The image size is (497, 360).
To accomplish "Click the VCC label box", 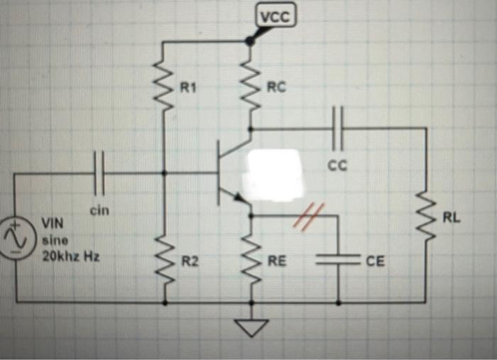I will (x=275, y=17).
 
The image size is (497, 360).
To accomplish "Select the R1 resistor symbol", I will (x=165, y=87).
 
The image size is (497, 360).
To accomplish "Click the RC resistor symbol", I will (x=250, y=87).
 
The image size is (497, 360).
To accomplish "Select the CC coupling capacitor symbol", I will (x=338, y=129).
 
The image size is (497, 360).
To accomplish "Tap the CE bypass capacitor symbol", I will (x=338, y=261).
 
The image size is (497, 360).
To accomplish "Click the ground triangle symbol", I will (x=250, y=327).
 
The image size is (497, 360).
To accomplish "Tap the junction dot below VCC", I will (x=249, y=41).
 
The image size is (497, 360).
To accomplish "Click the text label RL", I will (x=452, y=217).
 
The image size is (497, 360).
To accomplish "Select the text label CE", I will (x=375, y=262).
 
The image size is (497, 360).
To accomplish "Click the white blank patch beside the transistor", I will (x=273, y=174).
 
